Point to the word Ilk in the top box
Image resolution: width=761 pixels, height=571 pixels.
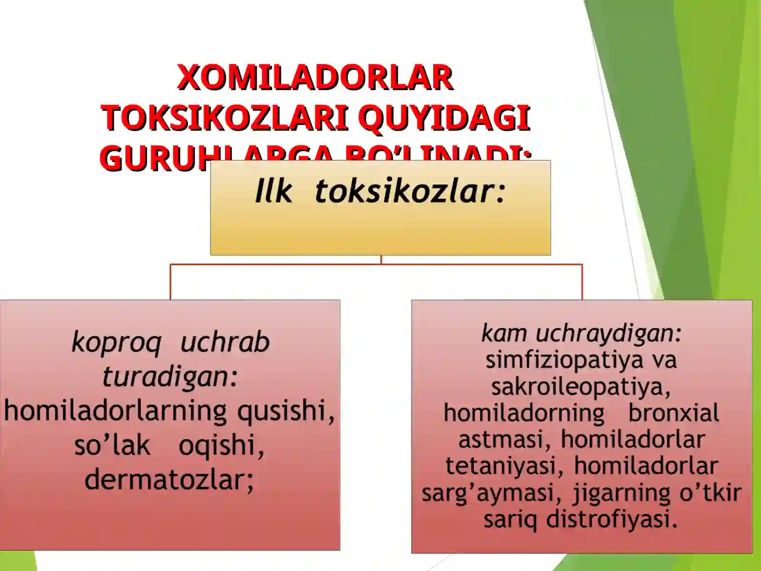click(x=273, y=191)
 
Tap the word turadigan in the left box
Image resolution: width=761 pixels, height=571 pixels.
click(x=166, y=377)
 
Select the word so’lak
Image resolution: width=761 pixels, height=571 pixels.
click(x=112, y=446)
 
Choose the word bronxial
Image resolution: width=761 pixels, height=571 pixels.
click(x=673, y=413)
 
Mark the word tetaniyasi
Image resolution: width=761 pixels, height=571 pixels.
click(x=501, y=466)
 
